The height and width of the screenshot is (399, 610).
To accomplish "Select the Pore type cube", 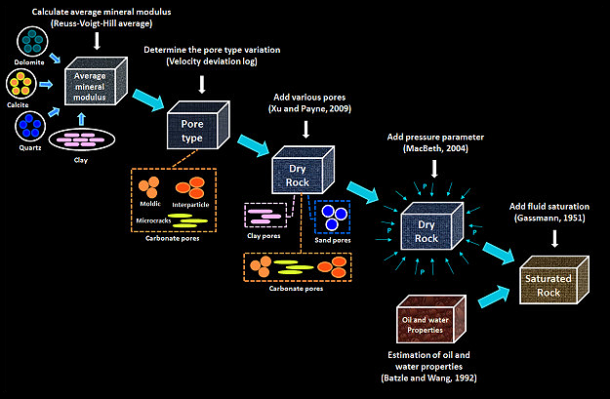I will click(199, 128).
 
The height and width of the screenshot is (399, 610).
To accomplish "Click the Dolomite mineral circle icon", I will click(33, 41).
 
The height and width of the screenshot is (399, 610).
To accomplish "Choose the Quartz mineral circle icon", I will click(33, 127).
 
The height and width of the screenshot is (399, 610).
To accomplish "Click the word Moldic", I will click(151, 203).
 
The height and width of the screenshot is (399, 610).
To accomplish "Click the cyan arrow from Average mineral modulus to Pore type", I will click(150, 98).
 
